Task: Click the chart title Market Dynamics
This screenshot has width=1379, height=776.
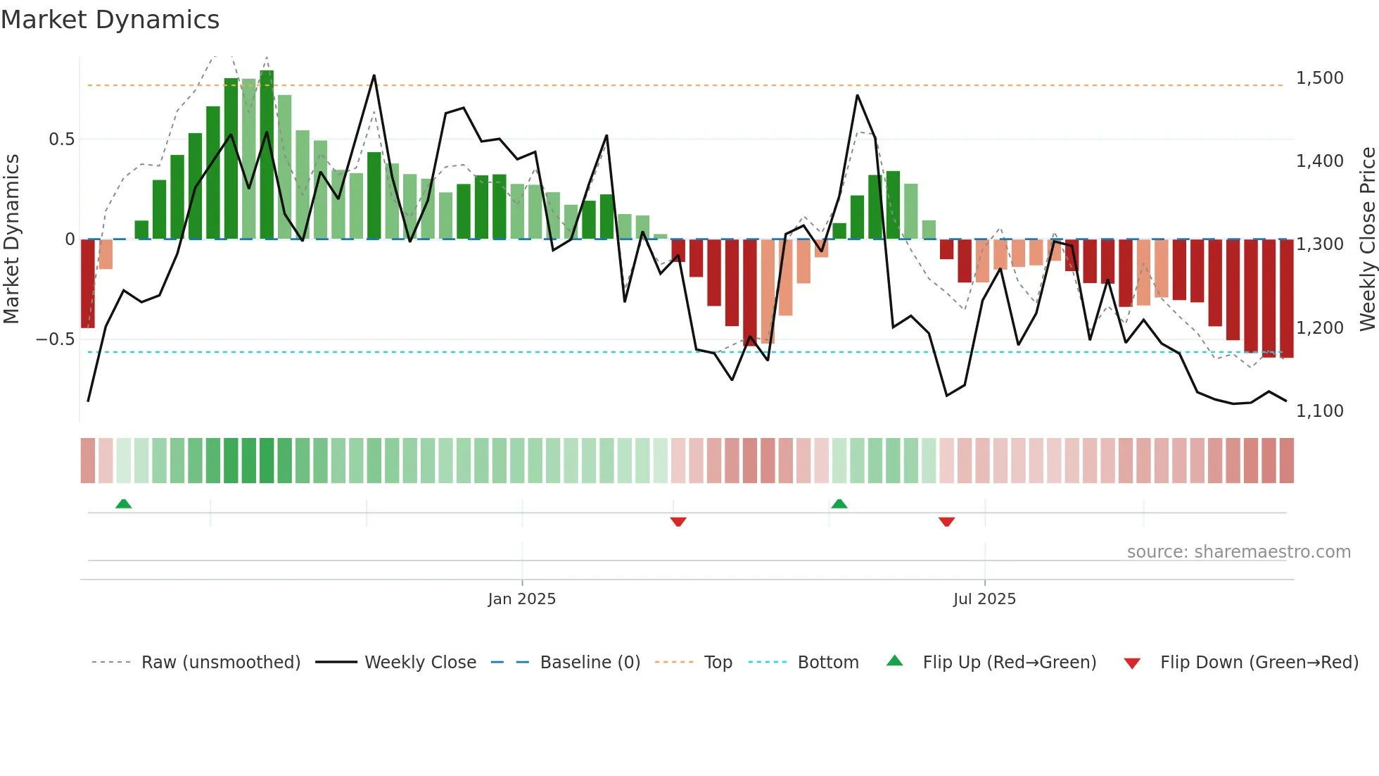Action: pos(110,20)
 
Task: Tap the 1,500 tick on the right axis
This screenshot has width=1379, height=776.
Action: pos(1319,78)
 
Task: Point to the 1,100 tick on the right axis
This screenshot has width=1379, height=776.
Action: pos(1319,411)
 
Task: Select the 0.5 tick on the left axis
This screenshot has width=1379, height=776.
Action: pos(61,139)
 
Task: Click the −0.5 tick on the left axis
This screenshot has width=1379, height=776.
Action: pos(56,339)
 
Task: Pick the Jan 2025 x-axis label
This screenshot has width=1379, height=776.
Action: pos(521,599)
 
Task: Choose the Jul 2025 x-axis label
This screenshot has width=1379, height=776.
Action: pos(984,599)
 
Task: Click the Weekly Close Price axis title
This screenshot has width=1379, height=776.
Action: pos(1367,239)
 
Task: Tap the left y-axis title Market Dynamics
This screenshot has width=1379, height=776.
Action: pos(11,239)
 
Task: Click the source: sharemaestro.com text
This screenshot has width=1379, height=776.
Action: pos(1238,552)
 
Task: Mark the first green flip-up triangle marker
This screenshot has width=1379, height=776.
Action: pos(123,504)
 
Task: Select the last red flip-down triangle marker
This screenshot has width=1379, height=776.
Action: pos(946,522)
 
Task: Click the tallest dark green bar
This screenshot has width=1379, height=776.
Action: pos(267,155)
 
